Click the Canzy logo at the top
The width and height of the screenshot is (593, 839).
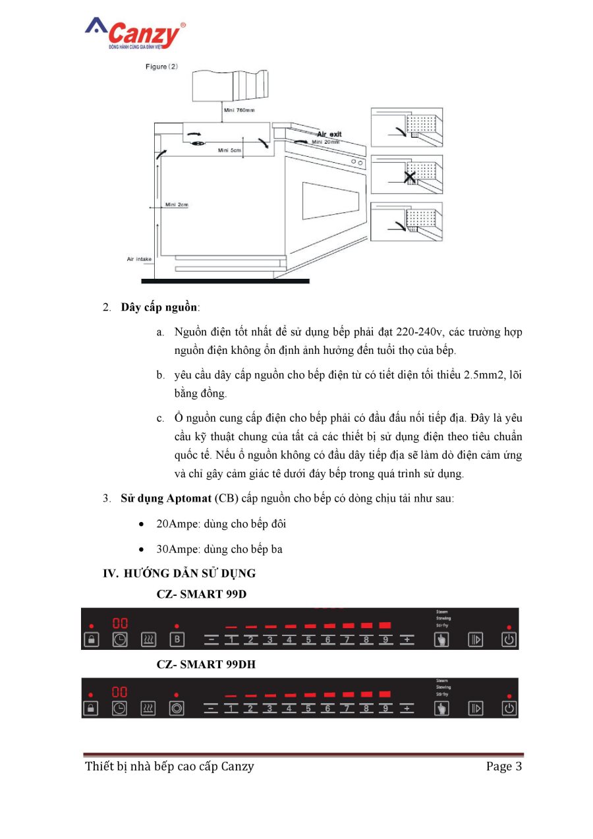[x=135, y=34]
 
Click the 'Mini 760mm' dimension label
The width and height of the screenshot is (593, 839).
[x=240, y=110]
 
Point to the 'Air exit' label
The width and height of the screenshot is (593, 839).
[x=329, y=134]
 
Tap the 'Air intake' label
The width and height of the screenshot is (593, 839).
[x=139, y=259]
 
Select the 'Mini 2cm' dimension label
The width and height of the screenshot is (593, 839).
[x=177, y=205]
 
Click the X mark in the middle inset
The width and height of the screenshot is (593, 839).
[x=409, y=177]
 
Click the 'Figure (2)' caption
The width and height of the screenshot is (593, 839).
[x=161, y=67]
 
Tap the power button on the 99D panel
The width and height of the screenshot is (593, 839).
[x=509, y=639]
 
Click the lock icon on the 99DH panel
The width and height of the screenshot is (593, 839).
[x=91, y=709]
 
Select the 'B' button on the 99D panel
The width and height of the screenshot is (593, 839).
[x=177, y=639]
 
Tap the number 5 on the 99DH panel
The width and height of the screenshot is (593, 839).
[x=308, y=709]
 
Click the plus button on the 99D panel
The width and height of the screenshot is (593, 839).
[x=408, y=639]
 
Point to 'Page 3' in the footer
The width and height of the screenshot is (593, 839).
[x=504, y=766]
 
